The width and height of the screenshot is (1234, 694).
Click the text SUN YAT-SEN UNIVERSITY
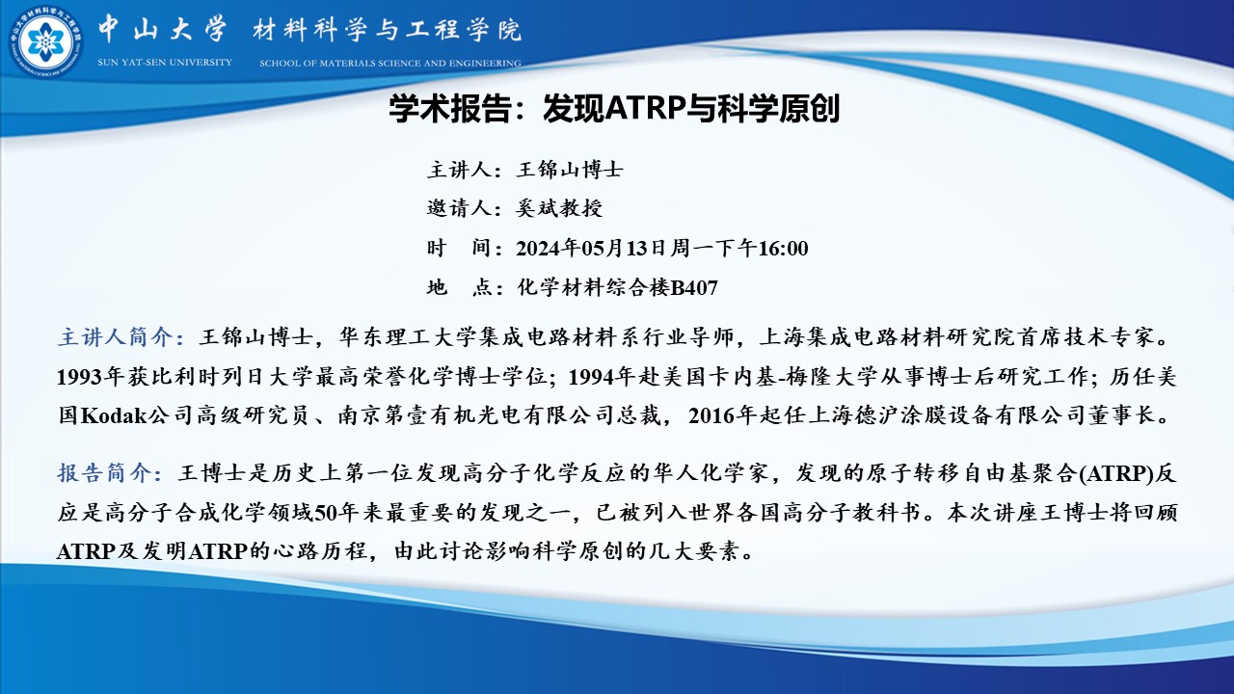165,63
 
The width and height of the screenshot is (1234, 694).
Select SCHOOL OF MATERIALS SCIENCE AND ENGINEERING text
390,64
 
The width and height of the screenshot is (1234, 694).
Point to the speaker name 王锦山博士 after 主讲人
570,170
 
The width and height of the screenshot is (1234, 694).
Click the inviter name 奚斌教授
559,208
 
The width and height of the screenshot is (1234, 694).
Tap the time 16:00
783,249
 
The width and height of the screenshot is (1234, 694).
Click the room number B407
694,288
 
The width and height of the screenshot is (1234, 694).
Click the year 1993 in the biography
80,377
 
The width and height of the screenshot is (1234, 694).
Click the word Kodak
114,415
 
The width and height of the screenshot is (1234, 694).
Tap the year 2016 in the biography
711,415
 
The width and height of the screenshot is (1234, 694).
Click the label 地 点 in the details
460,287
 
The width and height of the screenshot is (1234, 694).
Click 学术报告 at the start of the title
450,108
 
